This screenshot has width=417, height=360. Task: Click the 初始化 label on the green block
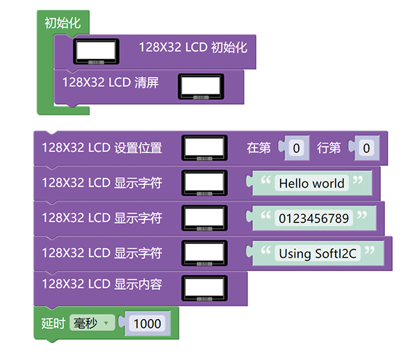(63, 23)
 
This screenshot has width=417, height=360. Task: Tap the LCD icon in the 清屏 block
(201, 87)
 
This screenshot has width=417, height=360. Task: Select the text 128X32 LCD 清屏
(111, 83)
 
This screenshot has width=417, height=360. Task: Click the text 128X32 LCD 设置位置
(101, 147)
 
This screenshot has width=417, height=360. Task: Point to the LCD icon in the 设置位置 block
(204, 147)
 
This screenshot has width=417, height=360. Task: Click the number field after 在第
(296, 147)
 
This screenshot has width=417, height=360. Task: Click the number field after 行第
(366, 147)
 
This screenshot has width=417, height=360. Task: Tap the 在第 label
(259, 147)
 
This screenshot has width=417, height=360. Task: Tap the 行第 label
(329, 147)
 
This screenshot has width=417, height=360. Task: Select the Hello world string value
(311, 183)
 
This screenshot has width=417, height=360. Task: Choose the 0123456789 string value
(313, 219)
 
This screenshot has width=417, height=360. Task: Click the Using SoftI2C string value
(318, 254)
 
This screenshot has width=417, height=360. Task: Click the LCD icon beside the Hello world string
(204, 183)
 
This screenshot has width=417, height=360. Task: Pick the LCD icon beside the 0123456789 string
(204, 218)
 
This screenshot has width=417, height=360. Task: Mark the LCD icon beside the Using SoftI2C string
(204, 253)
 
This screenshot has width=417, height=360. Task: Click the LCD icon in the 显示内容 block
(204, 288)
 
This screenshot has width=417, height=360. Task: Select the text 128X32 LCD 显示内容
(101, 284)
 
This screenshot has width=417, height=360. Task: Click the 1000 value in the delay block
(147, 324)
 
